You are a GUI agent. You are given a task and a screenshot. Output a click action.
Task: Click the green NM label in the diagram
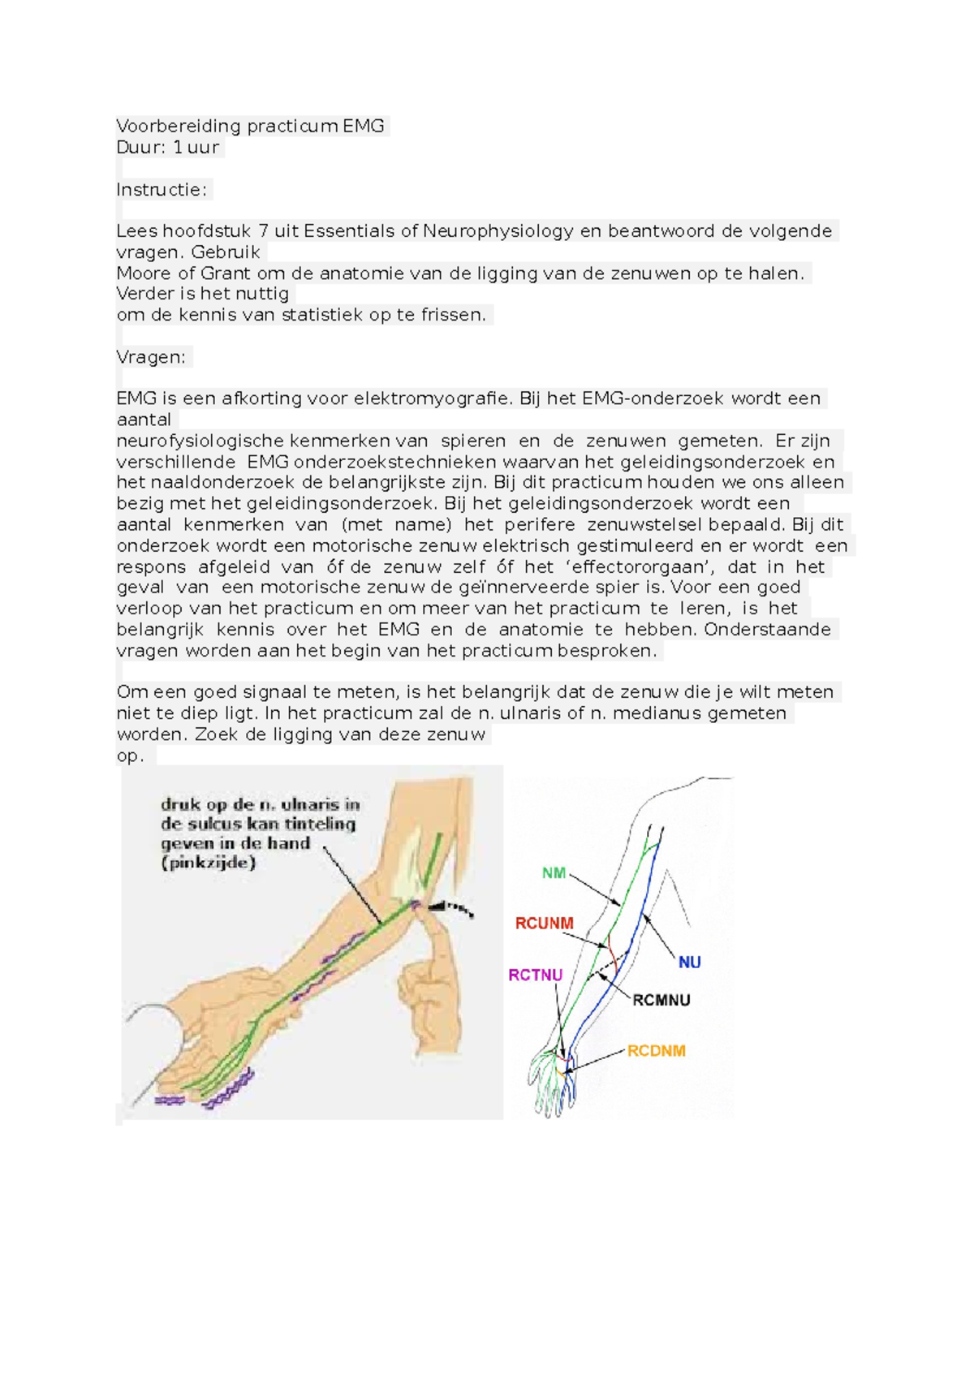pos(554,873)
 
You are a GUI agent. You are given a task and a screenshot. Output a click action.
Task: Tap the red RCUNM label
pos(544,924)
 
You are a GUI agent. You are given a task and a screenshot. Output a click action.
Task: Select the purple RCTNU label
pos(535,975)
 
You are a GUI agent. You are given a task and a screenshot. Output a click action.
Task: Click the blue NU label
pos(689,962)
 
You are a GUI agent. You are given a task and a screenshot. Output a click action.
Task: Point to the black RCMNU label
pos(662,1001)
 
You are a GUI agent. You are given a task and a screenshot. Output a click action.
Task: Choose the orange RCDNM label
pos(656,1051)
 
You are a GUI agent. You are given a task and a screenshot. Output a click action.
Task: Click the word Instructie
pos(161,190)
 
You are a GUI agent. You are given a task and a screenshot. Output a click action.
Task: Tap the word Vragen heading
pos(151,357)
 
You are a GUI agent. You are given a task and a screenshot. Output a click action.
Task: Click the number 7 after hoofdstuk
pos(263,231)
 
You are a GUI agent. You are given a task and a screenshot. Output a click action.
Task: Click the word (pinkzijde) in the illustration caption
pos(209,863)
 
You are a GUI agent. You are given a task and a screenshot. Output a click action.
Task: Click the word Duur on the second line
pos(140,148)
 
